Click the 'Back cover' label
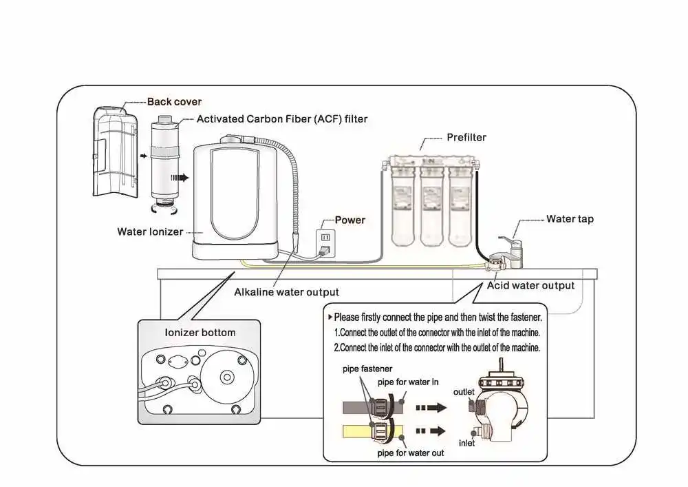click(174, 102)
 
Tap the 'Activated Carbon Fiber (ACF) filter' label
click(282, 119)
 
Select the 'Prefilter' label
click(466, 137)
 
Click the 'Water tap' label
click(570, 219)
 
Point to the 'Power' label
click(350, 220)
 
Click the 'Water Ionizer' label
click(150, 231)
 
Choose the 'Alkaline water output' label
click(286, 292)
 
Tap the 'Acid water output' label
click(530, 285)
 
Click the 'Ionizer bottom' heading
click(200, 333)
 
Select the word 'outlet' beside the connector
click(464, 392)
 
